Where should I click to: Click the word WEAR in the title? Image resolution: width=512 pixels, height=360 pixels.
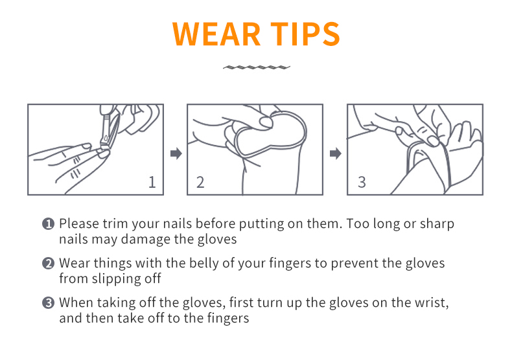[216, 34]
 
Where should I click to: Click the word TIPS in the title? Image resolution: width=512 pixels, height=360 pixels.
[305, 34]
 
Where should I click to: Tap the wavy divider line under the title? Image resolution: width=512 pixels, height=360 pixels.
[257, 67]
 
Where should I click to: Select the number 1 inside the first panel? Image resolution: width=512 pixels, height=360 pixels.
[152, 182]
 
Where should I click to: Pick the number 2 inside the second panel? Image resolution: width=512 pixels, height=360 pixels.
[200, 182]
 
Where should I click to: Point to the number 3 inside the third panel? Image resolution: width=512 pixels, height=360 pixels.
[362, 182]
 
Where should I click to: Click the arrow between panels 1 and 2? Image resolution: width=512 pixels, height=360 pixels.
[176, 153]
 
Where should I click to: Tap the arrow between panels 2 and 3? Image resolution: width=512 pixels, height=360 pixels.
[335, 153]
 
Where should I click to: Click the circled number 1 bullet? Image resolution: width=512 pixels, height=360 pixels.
[49, 224]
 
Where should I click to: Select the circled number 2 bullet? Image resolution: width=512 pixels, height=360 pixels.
[49, 264]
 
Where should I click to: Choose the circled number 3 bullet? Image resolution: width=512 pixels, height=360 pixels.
[49, 303]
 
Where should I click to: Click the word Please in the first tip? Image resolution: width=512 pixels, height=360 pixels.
[79, 223]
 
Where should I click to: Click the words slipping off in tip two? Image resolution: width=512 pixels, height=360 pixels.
[126, 279]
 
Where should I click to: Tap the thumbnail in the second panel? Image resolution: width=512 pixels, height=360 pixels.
[266, 122]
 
